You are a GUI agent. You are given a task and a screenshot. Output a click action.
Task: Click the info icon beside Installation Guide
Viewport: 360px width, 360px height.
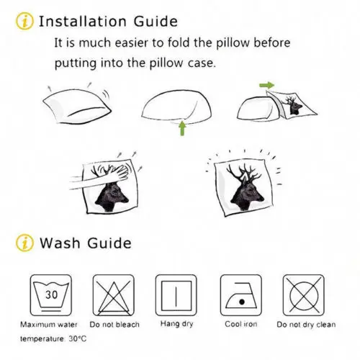click(x=24, y=21)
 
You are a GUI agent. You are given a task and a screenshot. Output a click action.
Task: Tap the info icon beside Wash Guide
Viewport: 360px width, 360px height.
click(x=24, y=243)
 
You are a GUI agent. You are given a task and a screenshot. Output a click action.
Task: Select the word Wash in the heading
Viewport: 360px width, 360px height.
click(x=60, y=243)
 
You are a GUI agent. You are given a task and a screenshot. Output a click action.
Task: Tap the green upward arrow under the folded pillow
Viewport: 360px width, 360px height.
click(x=182, y=128)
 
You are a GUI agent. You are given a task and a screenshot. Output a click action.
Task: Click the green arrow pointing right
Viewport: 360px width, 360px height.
click(x=267, y=85)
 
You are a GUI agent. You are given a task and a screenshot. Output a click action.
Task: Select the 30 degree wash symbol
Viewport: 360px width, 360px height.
click(x=51, y=295)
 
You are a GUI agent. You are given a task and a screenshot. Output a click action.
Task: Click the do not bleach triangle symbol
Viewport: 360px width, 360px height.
click(x=114, y=295)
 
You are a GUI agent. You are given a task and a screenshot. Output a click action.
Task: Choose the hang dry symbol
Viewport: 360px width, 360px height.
click(x=176, y=295)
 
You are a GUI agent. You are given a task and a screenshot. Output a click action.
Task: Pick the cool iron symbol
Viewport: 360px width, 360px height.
click(x=241, y=295)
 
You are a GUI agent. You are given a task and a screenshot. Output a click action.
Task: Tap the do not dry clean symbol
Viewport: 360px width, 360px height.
click(x=304, y=295)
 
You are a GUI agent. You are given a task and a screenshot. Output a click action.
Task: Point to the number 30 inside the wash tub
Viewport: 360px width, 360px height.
click(x=52, y=294)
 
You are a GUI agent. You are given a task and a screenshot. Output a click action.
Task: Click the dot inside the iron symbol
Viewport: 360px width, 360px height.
click(x=242, y=302)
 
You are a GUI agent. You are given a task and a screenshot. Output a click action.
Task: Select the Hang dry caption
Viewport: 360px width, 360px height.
click(x=176, y=324)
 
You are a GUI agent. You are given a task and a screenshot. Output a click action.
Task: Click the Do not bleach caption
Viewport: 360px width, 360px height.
click(x=114, y=325)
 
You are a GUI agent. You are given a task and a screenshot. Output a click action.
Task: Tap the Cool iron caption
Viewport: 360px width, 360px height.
click(x=241, y=324)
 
